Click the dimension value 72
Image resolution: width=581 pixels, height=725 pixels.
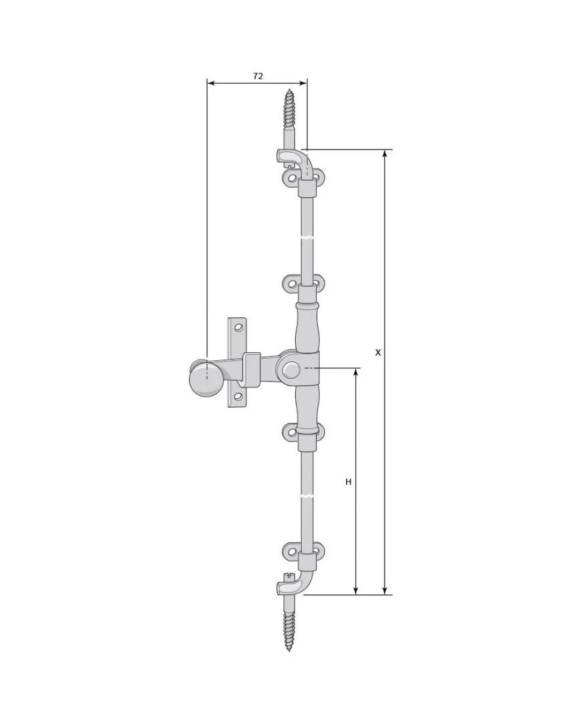(258, 76)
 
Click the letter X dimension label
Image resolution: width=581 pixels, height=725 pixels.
(378, 352)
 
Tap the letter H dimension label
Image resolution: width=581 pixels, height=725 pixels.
(349, 482)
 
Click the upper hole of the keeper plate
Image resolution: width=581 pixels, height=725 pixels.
(238, 328)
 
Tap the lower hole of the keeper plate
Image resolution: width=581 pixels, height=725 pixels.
(238, 396)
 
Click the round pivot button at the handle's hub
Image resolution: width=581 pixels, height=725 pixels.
(290, 370)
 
